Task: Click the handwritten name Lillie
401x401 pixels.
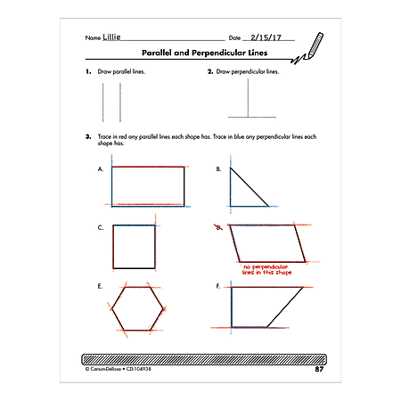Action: [x=112, y=39]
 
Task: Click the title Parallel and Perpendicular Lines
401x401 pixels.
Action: [x=200, y=54]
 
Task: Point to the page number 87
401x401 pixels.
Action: [x=318, y=367]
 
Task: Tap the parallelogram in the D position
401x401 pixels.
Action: [x=266, y=243]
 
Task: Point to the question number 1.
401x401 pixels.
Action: [x=87, y=70]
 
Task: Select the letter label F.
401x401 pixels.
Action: [x=218, y=287]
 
